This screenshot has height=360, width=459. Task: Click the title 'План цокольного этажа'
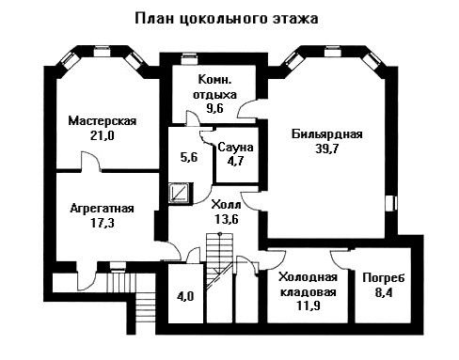point(227,19)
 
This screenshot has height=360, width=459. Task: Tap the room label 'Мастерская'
point(103,121)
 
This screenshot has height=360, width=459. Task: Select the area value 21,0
point(103,135)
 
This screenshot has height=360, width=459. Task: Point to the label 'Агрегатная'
point(103,209)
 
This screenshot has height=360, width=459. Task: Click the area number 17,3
point(103,223)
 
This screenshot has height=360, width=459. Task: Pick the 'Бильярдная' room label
point(327,134)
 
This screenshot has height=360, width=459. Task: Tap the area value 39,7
point(327,149)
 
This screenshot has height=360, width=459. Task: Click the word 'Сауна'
point(235,147)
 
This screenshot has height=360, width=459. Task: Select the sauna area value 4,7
point(236,161)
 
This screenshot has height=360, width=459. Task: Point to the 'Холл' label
point(226,205)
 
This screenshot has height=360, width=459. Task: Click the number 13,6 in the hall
point(227,219)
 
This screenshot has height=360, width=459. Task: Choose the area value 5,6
point(189,157)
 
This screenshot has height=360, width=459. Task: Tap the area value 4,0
point(185,296)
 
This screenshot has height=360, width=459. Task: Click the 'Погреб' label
point(384,278)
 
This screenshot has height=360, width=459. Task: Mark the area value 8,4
point(384,292)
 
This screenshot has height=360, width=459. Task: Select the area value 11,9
point(309,305)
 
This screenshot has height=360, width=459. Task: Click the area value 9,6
point(214,108)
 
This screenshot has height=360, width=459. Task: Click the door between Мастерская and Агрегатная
point(90,162)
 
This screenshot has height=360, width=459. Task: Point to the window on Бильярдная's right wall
point(391,203)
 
